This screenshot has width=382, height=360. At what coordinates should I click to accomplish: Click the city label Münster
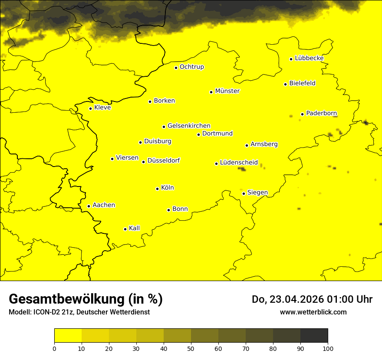click(227, 91)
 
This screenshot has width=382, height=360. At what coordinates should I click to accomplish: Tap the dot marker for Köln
click(157, 189)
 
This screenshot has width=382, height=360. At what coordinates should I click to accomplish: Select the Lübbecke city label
click(309, 58)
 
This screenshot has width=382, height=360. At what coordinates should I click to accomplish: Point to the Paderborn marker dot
click(302, 115)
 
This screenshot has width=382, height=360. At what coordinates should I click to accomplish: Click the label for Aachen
click(104, 205)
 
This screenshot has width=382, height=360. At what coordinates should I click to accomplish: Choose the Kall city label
click(134, 228)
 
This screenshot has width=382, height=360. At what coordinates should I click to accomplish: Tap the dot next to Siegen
click(244, 193)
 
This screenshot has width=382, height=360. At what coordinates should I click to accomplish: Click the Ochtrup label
click(191, 67)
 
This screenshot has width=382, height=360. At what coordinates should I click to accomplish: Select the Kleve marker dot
click(90, 108)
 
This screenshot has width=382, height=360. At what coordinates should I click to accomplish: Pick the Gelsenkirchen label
click(189, 126)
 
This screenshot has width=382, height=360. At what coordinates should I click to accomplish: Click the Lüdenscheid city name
click(239, 163)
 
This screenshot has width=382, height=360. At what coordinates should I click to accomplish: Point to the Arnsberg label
click(264, 144)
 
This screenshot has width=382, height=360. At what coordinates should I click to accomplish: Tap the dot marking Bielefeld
click(285, 84)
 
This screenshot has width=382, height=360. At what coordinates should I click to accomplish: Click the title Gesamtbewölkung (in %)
click(86, 299)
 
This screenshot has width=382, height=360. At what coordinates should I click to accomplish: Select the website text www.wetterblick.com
click(313, 312)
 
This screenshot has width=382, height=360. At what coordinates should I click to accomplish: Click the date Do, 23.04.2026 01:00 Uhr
click(312, 299)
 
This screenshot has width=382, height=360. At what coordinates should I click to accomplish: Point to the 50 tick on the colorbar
click(191, 348)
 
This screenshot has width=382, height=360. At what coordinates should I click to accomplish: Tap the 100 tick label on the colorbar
click(328, 348)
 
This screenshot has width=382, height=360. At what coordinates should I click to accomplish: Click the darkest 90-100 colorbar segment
click(314, 336)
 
